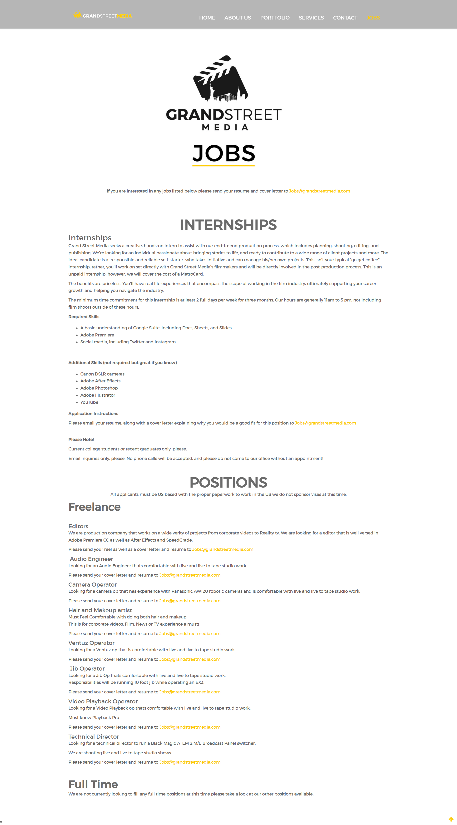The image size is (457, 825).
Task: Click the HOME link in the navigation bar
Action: click(207, 18)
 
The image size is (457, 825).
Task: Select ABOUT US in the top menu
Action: click(237, 18)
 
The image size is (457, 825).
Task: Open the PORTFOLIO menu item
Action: click(274, 18)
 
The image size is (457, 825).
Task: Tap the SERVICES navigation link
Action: click(311, 18)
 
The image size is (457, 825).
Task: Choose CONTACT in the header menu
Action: click(345, 18)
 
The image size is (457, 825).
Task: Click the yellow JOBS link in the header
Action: click(373, 18)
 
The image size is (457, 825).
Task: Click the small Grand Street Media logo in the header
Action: click(103, 15)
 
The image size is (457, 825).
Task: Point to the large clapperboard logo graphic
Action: click(221, 79)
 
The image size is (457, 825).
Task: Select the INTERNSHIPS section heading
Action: click(228, 224)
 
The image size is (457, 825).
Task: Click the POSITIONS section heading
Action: click(228, 482)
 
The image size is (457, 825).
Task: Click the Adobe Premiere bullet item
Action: click(97, 335)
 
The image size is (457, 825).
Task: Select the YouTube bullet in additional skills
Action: click(89, 402)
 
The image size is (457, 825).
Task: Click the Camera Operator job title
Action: click(93, 584)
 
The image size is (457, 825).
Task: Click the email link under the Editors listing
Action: click(223, 549)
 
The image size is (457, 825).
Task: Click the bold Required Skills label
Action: click(84, 316)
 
